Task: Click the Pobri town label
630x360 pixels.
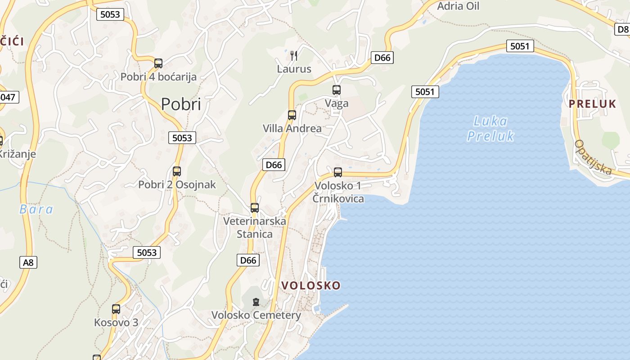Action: [181, 104]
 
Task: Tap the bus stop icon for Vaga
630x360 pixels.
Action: [337, 90]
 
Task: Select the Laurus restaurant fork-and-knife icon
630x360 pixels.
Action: [294, 56]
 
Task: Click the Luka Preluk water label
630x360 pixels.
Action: [490, 129]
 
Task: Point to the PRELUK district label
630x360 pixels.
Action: [592, 104]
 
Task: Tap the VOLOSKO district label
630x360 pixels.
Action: [311, 285]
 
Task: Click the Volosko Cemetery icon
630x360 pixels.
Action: [256, 302]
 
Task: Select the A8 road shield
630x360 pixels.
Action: [28, 262]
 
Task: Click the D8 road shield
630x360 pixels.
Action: [623, 29]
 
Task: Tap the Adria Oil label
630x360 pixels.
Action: [458, 6]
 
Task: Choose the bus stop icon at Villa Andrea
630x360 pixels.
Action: [292, 115]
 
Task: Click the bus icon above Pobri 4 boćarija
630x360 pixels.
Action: [158, 63]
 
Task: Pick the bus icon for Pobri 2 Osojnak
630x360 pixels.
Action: [177, 171]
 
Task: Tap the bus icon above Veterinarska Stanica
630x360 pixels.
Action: [255, 208]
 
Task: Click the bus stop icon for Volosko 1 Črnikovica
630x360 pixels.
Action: [338, 172]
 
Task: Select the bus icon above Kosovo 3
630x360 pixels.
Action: [116, 309]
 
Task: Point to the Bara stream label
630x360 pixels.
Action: [36, 209]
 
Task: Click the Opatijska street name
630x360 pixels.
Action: [593, 157]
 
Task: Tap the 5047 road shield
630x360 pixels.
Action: [8, 97]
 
